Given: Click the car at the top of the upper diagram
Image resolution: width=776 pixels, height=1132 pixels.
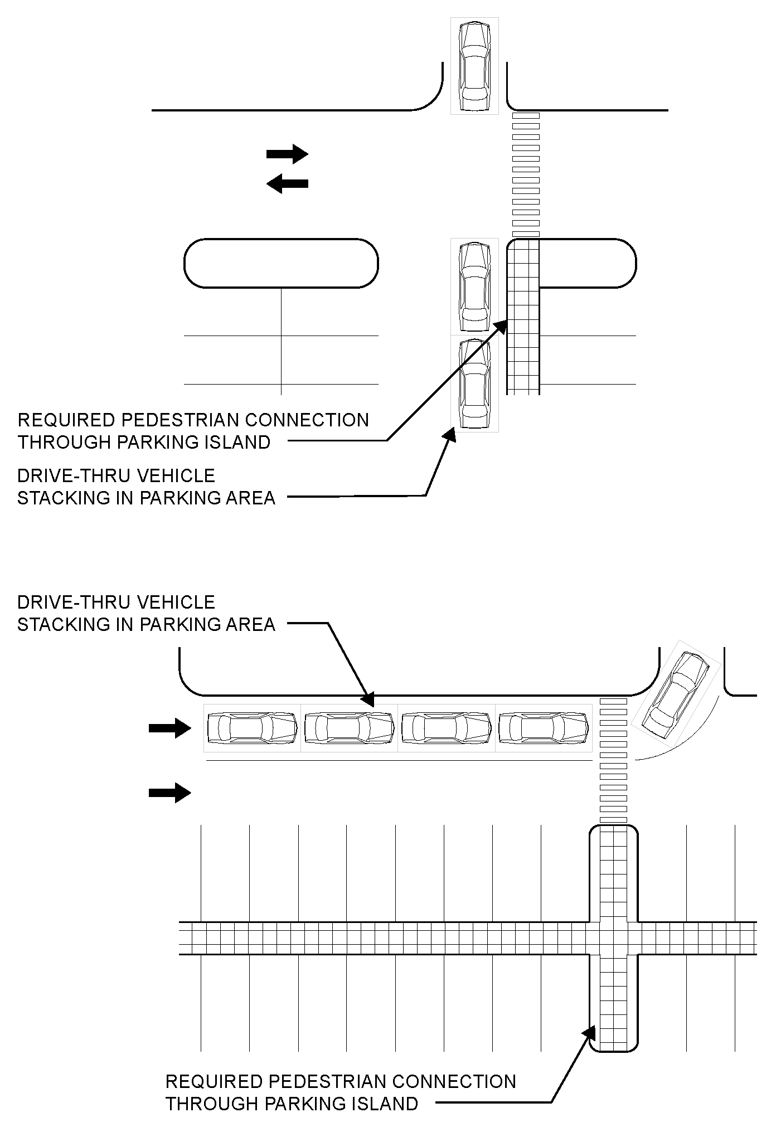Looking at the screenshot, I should pos(474,66).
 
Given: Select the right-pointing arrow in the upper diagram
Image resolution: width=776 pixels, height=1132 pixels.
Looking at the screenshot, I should pos(287,153).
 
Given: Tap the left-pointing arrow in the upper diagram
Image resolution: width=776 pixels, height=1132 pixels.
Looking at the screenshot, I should pos(287,183).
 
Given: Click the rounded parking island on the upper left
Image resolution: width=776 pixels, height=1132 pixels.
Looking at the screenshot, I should pos(281,264).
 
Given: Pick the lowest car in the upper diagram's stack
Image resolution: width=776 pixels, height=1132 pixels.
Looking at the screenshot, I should pos(474,383).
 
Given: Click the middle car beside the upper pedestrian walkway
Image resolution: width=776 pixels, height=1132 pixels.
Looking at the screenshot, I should pos(474,286).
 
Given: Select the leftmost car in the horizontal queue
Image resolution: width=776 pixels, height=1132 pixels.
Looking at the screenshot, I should pos(252,728).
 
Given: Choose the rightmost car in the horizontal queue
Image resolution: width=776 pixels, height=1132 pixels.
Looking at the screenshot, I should pos(544,728).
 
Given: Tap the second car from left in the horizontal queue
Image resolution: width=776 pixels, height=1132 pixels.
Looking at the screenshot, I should pos(349,728).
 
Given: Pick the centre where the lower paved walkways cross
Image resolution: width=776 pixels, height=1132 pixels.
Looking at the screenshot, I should pos(614,938).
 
